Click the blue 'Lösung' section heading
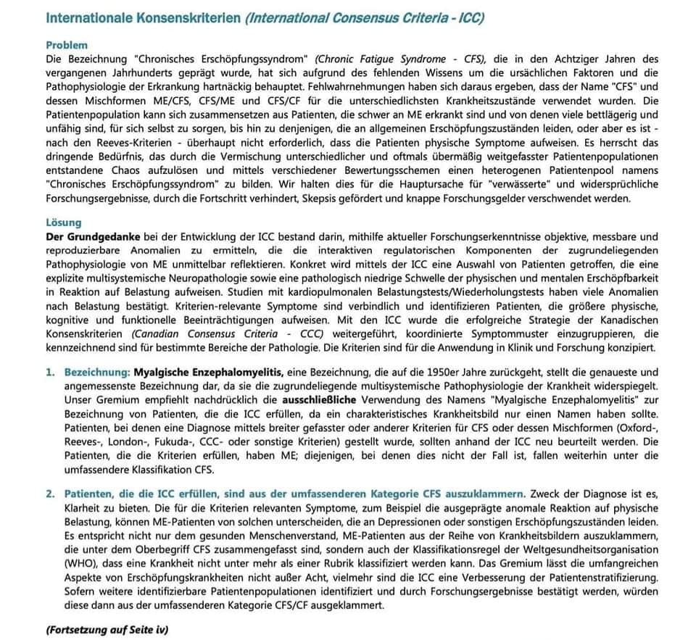coord(63,223)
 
